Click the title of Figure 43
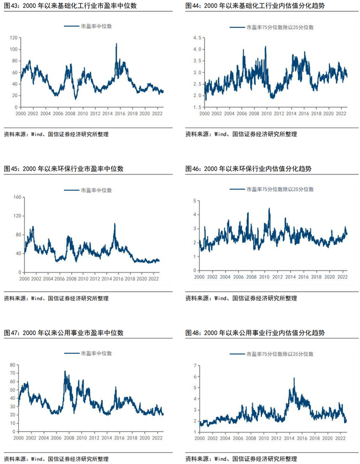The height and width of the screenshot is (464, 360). [70, 6]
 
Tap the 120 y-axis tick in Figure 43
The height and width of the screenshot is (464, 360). [13, 38]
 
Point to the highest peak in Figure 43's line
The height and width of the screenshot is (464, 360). [116, 44]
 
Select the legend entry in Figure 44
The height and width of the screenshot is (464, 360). [272, 27]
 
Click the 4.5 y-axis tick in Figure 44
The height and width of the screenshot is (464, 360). [197, 38]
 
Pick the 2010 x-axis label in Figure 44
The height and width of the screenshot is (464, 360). [266, 114]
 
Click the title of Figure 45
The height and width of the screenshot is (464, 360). [64, 169]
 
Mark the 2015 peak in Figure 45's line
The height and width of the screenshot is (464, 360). [115, 224]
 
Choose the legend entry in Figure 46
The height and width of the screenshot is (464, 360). [272, 189]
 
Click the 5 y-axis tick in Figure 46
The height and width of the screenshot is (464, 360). [194, 201]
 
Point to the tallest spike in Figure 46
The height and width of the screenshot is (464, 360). [269, 209]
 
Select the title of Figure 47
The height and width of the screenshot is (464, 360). [64, 333]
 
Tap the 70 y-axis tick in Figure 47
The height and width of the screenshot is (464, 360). [12, 373]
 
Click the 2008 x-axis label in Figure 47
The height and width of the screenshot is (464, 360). [69, 438]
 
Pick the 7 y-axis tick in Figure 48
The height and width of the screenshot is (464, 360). [195, 366]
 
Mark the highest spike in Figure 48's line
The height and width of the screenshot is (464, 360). [294, 378]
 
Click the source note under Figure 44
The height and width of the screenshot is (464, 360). [241, 134]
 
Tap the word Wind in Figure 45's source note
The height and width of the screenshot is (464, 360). [37, 298]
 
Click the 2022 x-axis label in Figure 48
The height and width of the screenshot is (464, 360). [340, 438]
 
